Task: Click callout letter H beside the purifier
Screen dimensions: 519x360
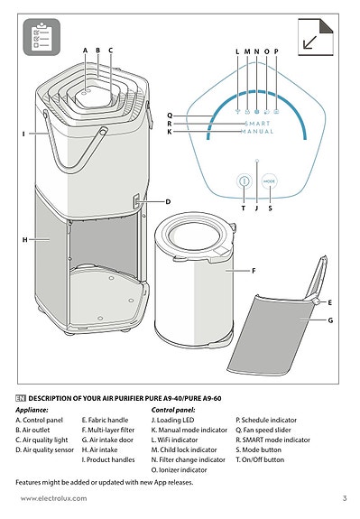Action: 24,239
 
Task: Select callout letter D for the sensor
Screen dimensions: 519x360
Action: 167,200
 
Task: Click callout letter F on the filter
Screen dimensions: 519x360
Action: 254,270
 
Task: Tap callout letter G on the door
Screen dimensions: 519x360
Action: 331,320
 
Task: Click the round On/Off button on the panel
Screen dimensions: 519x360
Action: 245,181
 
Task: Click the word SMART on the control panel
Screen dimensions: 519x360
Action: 257,123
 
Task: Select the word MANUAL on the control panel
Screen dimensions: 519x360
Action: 257,132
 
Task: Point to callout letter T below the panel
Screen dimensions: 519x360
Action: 243,208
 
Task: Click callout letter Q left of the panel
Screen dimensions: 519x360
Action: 169,115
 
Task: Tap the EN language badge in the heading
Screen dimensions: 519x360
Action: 21,398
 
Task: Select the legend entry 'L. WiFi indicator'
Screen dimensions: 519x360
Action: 177,440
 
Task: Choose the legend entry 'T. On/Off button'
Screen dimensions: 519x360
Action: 260,459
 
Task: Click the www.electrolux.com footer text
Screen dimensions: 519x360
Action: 55,498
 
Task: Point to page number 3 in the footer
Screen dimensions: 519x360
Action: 344,498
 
